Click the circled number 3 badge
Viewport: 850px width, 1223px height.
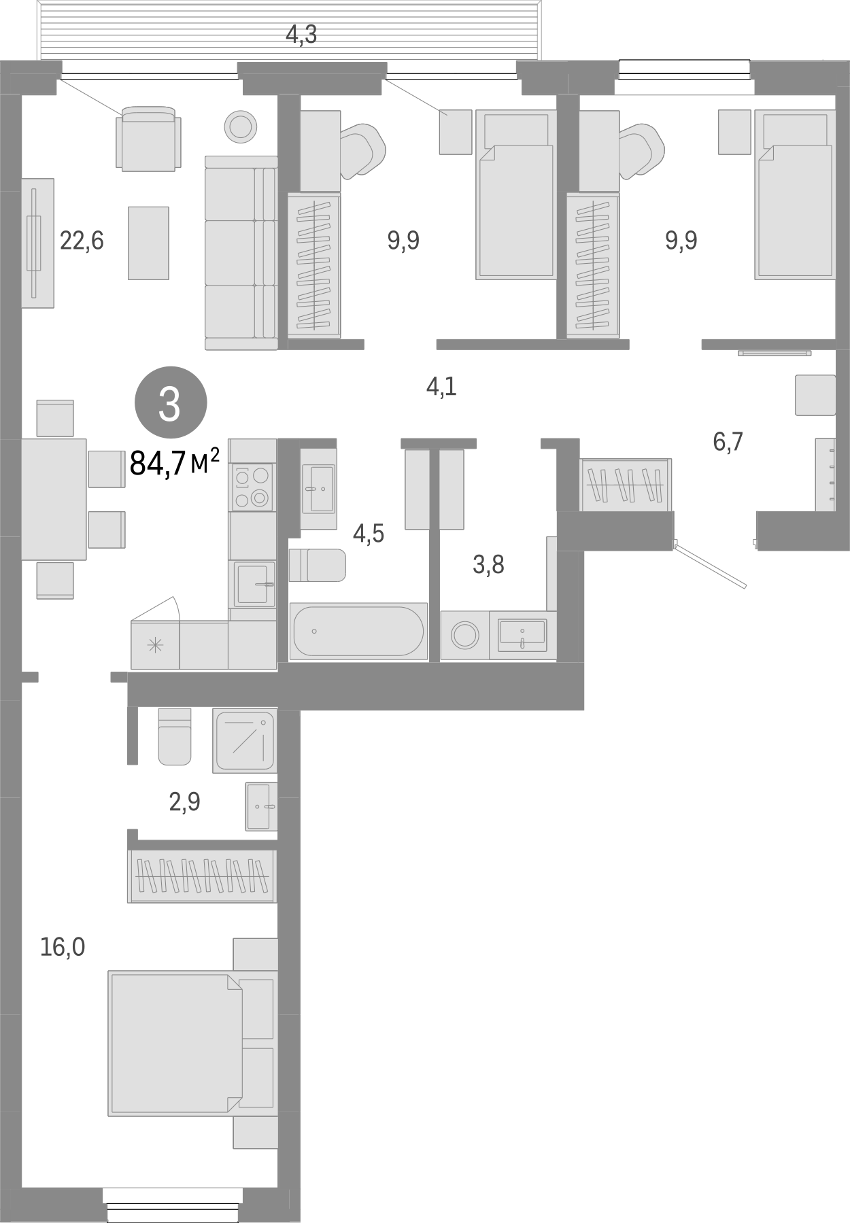[x=169, y=404]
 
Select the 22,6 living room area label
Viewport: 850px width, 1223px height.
[x=82, y=241]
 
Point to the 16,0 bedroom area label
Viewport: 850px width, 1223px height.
[x=63, y=946]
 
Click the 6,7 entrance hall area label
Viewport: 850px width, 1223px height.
[x=728, y=442]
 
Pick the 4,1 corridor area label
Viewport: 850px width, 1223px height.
[x=441, y=387]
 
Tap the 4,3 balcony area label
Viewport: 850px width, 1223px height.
[x=301, y=34]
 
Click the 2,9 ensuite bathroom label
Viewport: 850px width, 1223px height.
[x=184, y=803]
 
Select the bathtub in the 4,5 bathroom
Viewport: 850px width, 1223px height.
[x=358, y=631]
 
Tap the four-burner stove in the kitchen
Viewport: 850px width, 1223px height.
[x=252, y=487]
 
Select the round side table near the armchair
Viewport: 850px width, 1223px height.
[x=240, y=126]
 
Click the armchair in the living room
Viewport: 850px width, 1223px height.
[x=148, y=139]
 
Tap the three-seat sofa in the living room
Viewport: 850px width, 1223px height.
[x=241, y=253]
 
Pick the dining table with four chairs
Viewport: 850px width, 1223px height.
[x=54, y=499]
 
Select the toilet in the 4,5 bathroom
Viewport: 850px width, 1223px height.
[x=317, y=565]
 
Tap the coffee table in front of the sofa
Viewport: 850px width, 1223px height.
[x=148, y=243]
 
